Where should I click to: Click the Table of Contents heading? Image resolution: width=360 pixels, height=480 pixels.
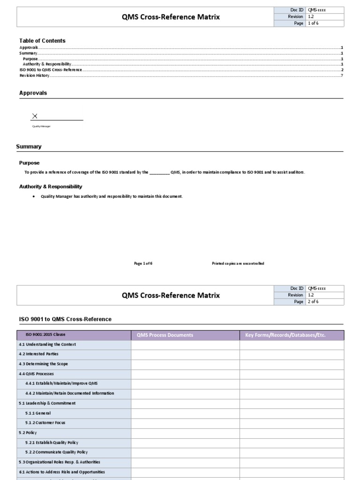tap(42, 41)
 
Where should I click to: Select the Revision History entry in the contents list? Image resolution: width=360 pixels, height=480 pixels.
tap(34, 75)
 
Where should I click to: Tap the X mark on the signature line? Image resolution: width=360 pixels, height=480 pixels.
tap(35, 116)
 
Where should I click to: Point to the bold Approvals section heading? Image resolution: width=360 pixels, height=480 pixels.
tap(33, 93)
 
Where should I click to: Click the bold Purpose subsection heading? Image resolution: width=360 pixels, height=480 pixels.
tap(29, 163)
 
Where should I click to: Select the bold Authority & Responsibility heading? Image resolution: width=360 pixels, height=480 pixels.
tap(51, 187)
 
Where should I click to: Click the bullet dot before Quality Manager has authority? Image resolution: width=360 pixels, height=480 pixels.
tap(34, 196)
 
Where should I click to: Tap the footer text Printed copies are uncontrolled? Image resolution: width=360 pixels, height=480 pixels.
tap(238, 263)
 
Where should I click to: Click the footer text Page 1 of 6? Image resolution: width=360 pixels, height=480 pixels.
tap(143, 263)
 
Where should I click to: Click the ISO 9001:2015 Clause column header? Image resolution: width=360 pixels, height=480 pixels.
tap(45, 335)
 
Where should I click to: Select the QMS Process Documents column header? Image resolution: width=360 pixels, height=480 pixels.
tap(165, 335)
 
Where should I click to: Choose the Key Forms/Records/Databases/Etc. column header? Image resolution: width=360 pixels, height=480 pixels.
tap(285, 335)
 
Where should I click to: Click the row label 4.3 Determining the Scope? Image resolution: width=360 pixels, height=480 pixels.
tap(43, 364)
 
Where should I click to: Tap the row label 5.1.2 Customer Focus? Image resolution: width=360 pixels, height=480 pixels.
tap(45, 423)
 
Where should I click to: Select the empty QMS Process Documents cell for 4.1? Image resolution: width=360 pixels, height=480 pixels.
tap(185, 345)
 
